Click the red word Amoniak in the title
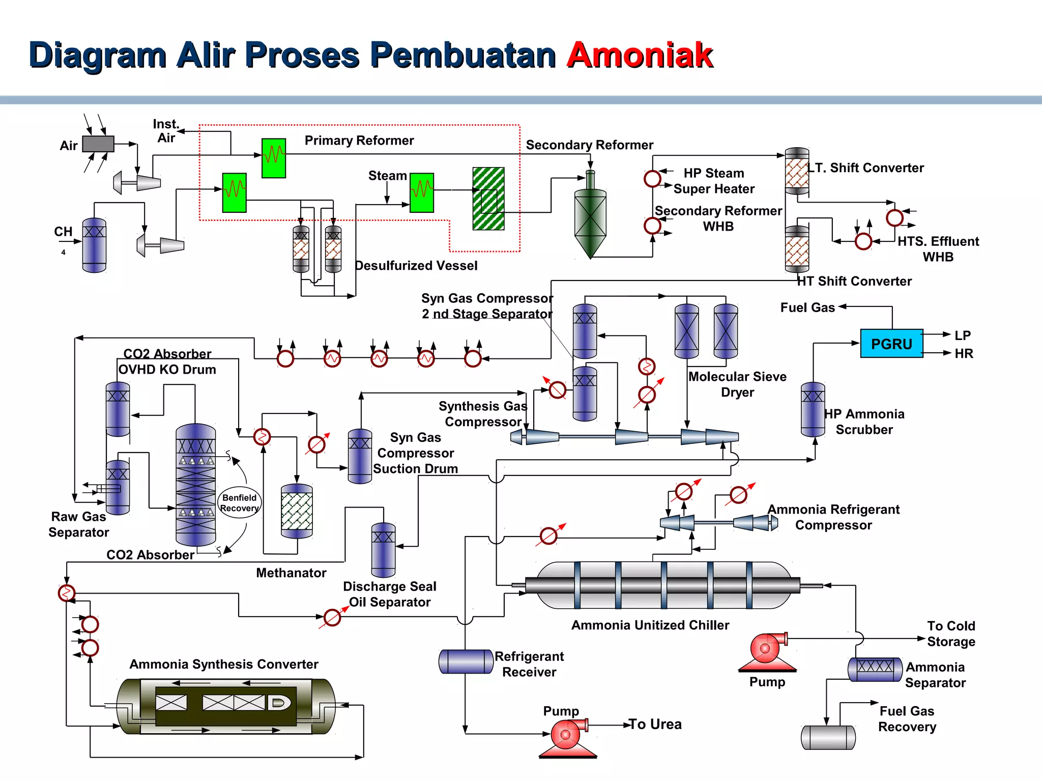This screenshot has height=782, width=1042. click(640, 55)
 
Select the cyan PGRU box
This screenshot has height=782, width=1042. click(891, 344)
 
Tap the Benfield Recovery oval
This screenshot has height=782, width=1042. click(239, 502)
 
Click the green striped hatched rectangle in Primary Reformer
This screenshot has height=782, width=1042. click(488, 199)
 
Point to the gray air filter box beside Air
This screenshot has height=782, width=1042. click(98, 144)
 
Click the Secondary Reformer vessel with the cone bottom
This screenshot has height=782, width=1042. click(590, 219)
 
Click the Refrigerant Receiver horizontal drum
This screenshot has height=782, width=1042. click(466, 661)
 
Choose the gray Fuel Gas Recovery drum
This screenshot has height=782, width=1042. click(828, 737)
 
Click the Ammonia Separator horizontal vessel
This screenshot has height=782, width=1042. click(875, 669)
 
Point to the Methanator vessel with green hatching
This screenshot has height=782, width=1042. click(297, 511)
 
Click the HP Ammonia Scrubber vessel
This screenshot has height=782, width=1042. click(813, 410)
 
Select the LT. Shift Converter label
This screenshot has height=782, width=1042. click(866, 167)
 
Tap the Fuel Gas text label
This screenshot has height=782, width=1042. click(807, 308)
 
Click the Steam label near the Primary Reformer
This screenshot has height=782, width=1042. click(387, 176)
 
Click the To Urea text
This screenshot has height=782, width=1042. click(655, 724)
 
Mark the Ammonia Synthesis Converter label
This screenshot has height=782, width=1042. click(223, 664)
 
